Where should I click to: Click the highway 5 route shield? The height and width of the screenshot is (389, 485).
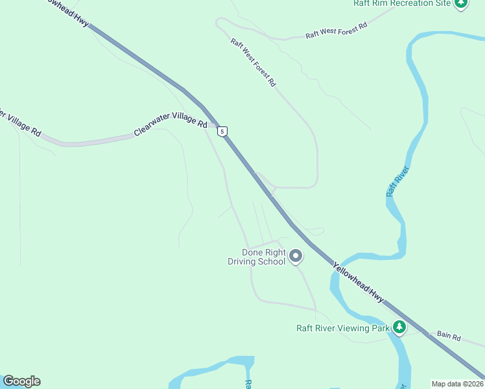222,131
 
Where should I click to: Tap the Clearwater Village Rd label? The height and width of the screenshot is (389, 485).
171,124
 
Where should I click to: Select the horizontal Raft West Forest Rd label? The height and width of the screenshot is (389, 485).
337,30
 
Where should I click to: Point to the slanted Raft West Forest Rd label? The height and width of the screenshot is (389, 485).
254,62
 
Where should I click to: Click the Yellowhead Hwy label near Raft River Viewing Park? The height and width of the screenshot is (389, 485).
359,282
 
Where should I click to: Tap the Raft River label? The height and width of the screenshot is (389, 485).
397,182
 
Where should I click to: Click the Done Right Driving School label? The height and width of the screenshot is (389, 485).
263,257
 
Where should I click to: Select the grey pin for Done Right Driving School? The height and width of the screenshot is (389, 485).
296,257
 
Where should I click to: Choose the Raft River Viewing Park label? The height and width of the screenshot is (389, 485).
343,328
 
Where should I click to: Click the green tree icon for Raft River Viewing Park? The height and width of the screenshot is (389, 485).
401,327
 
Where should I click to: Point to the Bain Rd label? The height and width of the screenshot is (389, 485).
448,337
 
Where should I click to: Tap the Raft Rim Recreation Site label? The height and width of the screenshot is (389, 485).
401,3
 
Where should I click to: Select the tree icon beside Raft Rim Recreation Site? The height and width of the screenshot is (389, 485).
461,4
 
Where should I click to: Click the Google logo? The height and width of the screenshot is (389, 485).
21,381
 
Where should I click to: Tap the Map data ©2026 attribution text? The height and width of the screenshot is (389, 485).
458,384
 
